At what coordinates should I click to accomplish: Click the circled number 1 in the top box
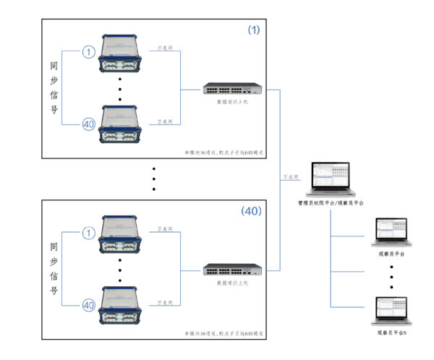pos(88,52)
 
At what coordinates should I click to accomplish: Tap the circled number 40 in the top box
pos(88,123)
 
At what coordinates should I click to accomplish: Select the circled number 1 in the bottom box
pos(88,233)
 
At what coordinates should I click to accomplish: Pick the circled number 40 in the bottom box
pos(88,304)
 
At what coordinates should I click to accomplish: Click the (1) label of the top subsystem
pos(253,30)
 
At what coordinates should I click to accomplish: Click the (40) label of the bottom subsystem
pos(250,211)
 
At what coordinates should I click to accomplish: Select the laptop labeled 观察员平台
pos(391,232)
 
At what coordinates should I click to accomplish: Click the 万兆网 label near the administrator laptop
pos(292,177)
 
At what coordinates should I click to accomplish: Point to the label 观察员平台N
pos(391,333)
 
